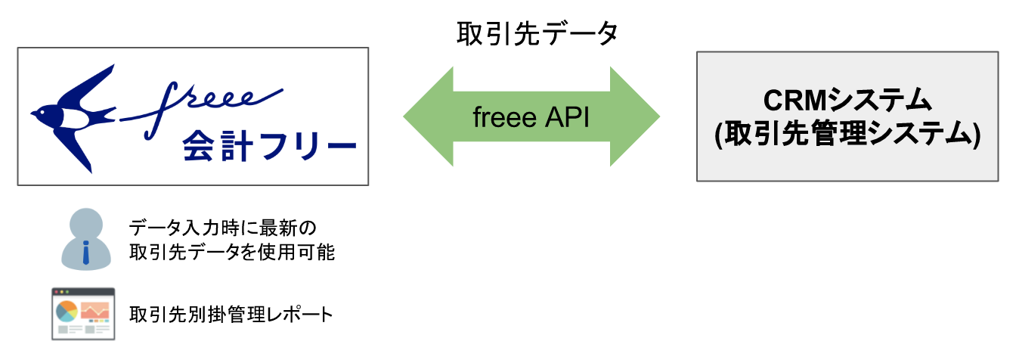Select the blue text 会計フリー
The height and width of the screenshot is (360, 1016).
(269, 146)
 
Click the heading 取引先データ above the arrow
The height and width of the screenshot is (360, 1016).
(537, 34)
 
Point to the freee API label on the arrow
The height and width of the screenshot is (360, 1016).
(531, 117)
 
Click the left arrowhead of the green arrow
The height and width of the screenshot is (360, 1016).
(428, 116)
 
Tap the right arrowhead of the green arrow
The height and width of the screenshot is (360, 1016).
(635, 116)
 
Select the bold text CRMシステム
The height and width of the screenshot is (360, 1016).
(847, 101)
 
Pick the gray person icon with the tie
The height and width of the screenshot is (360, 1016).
(86, 239)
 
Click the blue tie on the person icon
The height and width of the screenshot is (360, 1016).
(86, 253)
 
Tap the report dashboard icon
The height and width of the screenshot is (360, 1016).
(83, 314)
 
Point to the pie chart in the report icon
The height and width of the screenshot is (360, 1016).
(67, 312)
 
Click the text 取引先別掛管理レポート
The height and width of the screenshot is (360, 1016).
(231, 314)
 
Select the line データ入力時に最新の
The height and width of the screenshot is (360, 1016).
(223, 228)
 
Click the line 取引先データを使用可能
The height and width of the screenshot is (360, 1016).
(232, 252)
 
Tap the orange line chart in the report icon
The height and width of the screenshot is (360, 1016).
(95, 311)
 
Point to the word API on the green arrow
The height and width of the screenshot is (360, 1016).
(567, 117)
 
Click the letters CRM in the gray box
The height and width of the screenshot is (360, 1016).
(795, 101)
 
